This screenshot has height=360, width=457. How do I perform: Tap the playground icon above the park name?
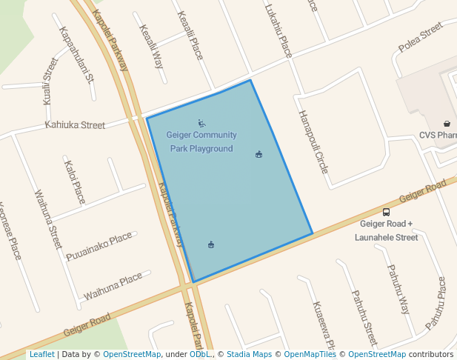[201, 123]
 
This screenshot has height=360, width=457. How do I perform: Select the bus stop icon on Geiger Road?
[386, 211]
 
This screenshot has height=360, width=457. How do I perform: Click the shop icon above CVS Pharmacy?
[447, 124]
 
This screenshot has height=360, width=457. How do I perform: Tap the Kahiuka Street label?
[75, 125]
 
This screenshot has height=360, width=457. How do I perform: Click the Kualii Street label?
[50, 80]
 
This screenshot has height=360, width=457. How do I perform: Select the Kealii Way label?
[152, 46]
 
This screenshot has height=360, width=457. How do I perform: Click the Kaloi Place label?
[75, 181]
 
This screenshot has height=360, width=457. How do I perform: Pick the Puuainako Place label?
[99, 246]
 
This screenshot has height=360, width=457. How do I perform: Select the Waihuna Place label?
[113, 286]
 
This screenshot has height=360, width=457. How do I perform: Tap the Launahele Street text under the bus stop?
[386, 238]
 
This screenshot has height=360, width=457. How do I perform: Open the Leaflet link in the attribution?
[41, 355]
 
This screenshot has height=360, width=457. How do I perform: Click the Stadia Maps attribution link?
[249, 355]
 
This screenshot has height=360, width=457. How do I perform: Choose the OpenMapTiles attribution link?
[310, 355]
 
